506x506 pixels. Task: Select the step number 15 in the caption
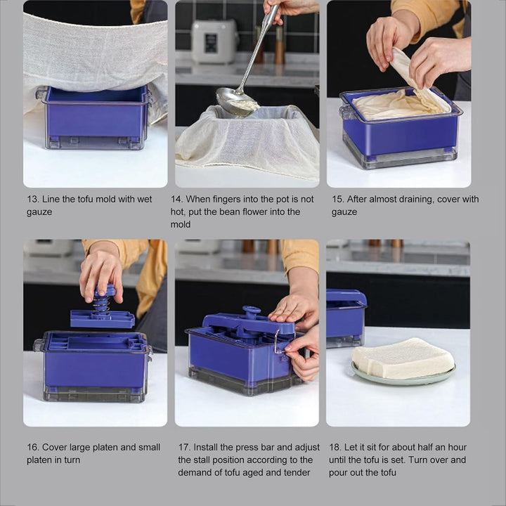(x=337, y=200)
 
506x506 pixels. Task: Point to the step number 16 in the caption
(x=33, y=448)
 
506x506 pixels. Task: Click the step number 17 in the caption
(x=184, y=448)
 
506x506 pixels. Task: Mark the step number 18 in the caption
(x=335, y=448)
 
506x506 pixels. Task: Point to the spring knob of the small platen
(x=103, y=300)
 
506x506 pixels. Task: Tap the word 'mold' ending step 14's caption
(x=181, y=225)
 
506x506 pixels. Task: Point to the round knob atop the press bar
(x=251, y=311)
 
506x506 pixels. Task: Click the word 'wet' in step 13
(x=144, y=200)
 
